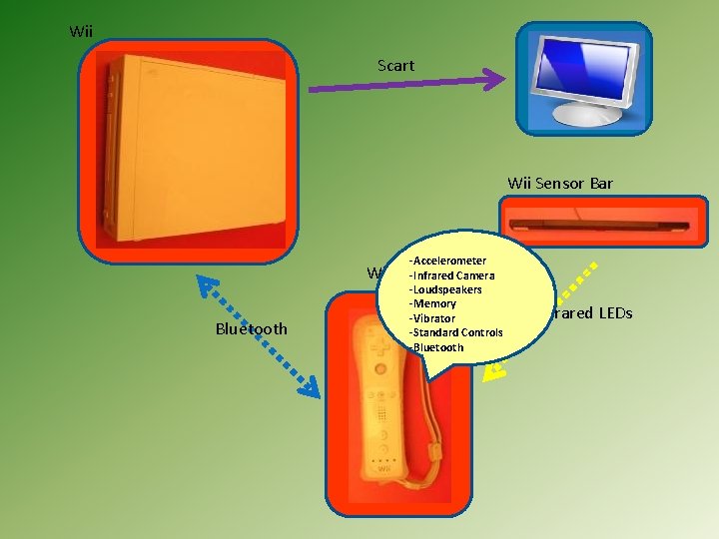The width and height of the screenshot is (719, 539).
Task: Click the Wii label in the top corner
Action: coord(81,32)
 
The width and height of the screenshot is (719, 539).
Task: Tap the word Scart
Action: coord(395,66)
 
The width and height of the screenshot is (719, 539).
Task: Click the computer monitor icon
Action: coord(584,79)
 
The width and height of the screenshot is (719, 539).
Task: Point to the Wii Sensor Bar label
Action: coord(559,183)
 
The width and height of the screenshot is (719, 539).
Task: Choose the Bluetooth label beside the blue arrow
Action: coord(251,329)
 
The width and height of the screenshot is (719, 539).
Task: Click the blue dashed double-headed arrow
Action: coord(257,336)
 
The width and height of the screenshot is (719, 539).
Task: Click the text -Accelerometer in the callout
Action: coord(447,261)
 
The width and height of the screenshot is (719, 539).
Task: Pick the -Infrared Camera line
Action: coord(451,275)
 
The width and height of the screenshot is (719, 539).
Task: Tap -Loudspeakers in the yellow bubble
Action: coord(445,289)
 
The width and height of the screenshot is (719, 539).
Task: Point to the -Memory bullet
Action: coord(432,303)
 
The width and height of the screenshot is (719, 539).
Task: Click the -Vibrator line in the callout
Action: coord(432,318)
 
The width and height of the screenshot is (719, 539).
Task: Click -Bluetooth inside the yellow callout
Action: coord(436,347)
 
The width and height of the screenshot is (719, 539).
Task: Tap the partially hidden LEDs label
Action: coord(593,313)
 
